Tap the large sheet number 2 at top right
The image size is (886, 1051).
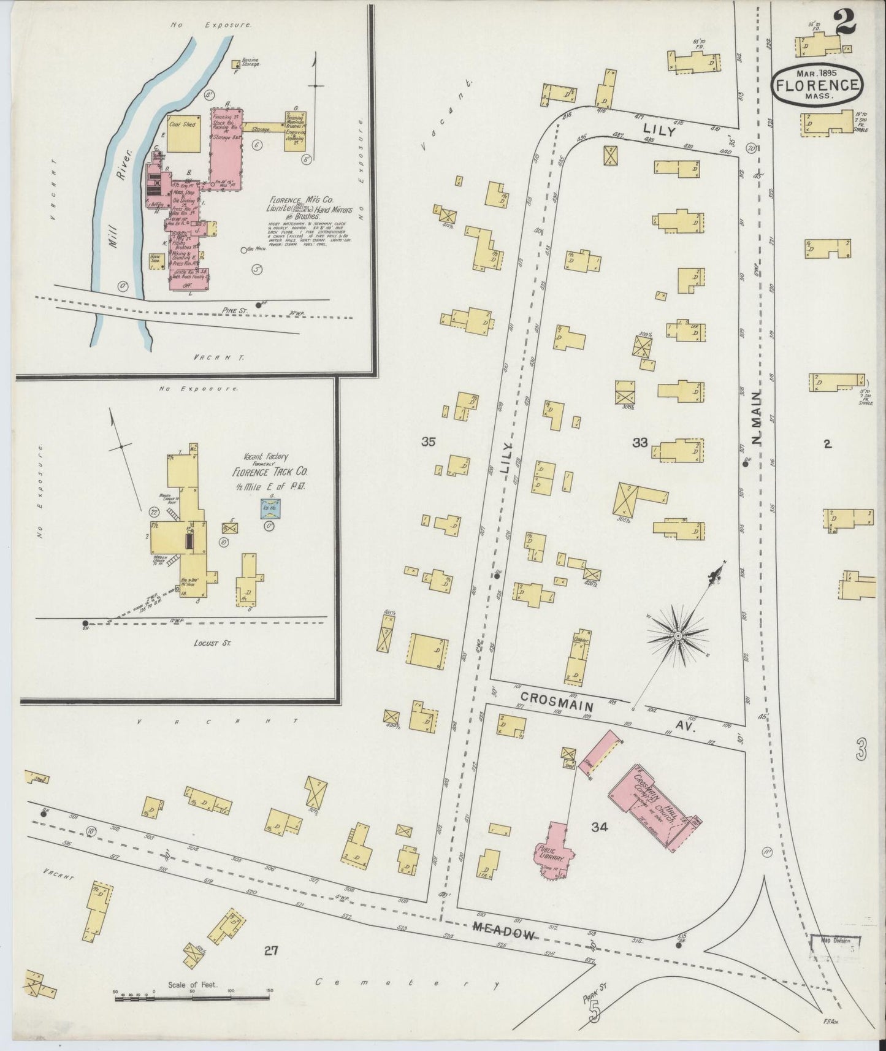point(844,23)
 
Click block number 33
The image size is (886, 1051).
point(640,442)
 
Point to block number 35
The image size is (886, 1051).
point(429,441)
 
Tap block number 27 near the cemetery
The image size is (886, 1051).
point(271,968)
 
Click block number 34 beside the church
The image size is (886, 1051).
point(599,827)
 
